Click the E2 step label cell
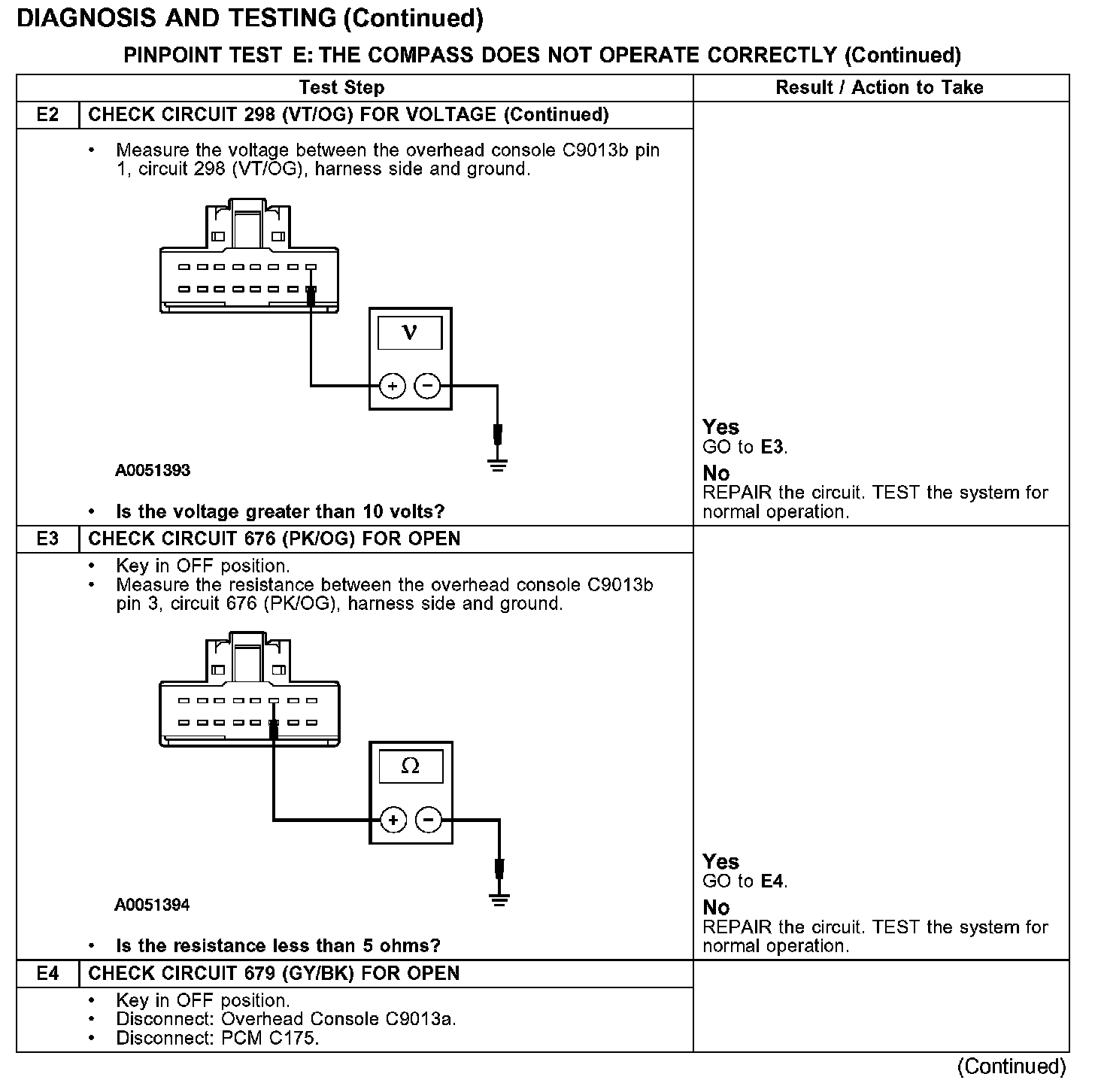(x=47, y=115)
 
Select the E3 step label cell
(x=47, y=539)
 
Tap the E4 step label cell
(x=47, y=974)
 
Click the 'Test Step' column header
(x=341, y=88)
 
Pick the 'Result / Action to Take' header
(x=879, y=88)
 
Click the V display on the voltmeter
(x=410, y=332)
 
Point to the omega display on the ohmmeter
(x=411, y=766)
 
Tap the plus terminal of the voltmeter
(x=392, y=387)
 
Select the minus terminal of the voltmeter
(x=427, y=387)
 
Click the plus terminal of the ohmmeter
(x=393, y=820)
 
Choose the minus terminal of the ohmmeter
(x=429, y=820)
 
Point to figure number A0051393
(x=153, y=471)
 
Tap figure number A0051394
(x=152, y=905)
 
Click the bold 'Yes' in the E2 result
(x=720, y=427)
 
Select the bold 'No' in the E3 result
(x=716, y=908)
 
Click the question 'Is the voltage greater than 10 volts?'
(x=280, y=512)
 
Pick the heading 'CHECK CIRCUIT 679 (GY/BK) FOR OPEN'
(x=274, y=974)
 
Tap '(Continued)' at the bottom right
(x=1012, y=1066)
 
